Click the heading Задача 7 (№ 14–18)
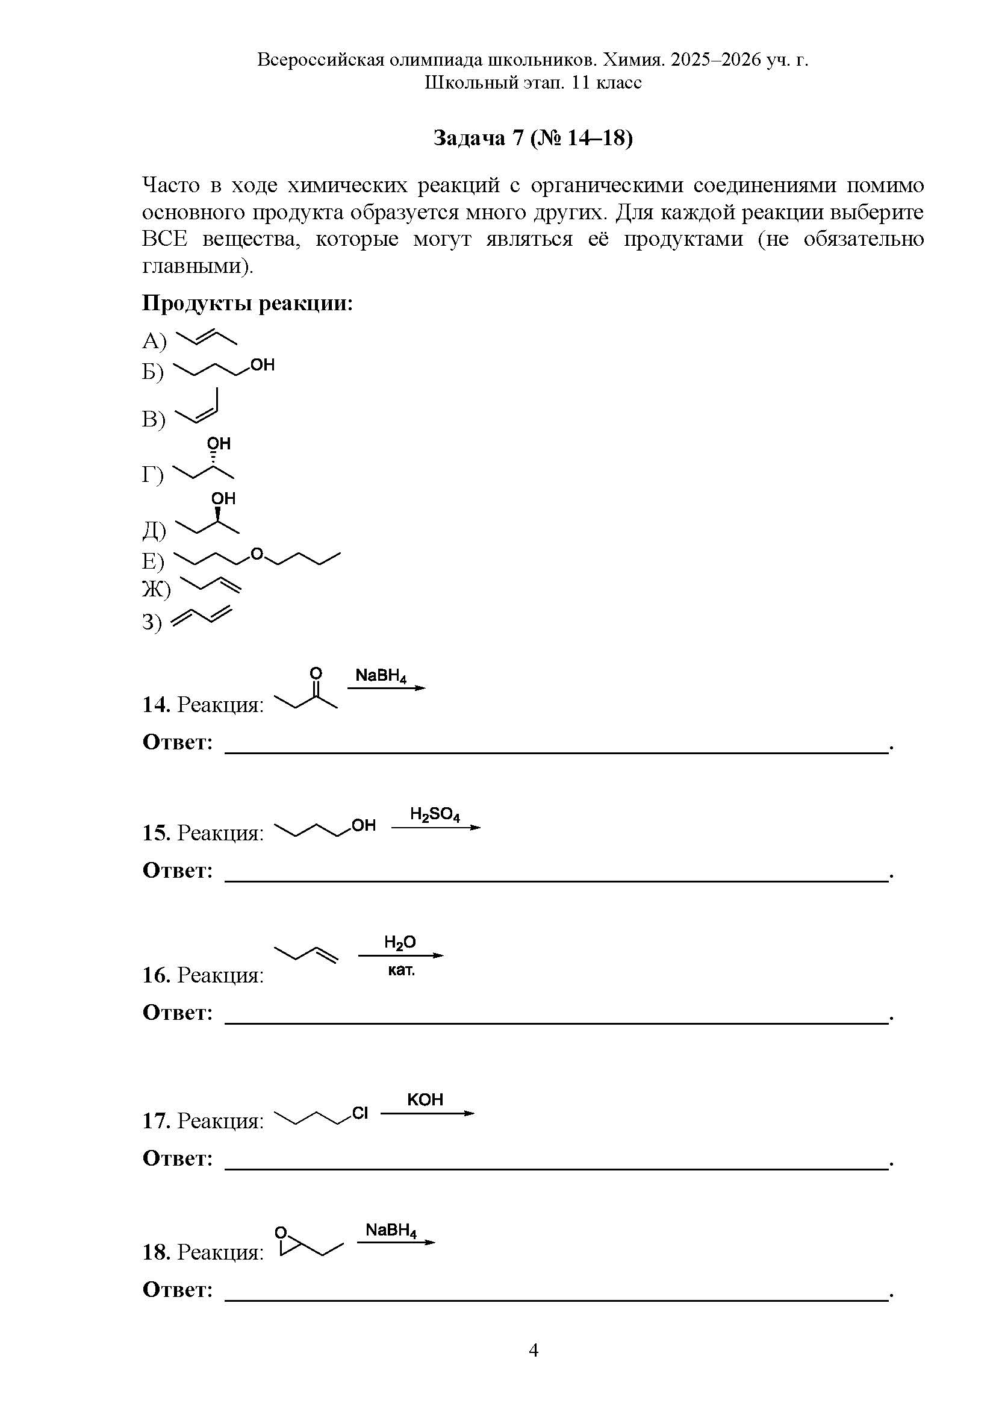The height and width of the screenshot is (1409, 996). [532, 138]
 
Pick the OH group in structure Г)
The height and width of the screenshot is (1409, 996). [219, 444]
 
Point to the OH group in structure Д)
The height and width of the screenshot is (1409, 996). [223, 498]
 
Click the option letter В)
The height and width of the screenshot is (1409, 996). [154, 420]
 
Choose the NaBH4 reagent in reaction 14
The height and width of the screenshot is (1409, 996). [381, 676]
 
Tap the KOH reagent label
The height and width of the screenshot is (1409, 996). [425, 1100]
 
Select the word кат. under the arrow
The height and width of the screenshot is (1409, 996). [401, 971]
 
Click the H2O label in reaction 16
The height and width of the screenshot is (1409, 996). [400, 943]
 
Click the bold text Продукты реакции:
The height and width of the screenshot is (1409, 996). [247, 304]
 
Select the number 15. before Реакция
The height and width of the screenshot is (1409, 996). [157, 833]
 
